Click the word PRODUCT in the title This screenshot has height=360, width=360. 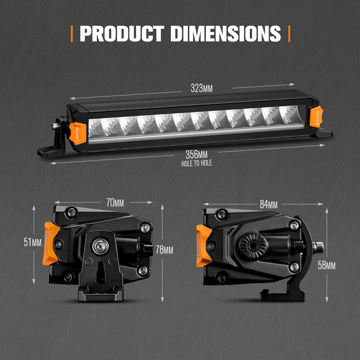tap(122, 33)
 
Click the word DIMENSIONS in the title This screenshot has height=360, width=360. tap(225, 33)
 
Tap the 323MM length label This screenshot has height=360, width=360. tap(201, 88)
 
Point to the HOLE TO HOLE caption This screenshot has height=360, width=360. tap(197, 163)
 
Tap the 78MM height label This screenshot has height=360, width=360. tap(165, 249)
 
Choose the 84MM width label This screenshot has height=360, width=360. tap(269, 204)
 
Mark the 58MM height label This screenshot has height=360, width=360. tap(327, 265)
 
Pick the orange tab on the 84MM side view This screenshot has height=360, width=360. tap(203, 245)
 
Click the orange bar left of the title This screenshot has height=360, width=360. tap(72, 33)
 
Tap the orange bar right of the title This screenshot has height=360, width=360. tap(289, 33)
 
